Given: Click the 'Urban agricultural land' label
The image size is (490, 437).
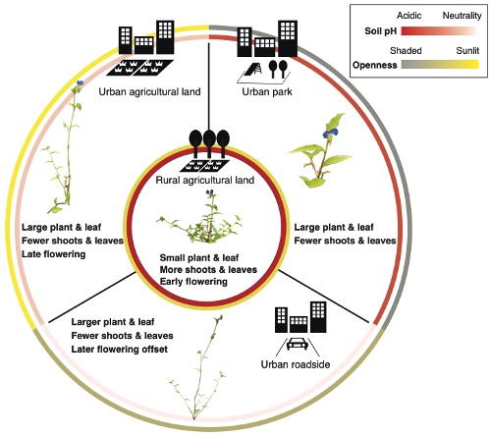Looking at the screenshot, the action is tap(149, 91).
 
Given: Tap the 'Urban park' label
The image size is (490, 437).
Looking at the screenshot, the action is tap(267, 91).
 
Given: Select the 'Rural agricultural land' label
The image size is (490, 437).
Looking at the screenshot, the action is tap(205, 180).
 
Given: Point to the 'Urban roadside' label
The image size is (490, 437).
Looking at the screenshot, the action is tap(296, 364).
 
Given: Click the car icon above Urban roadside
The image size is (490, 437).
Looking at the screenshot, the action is tap(297, 345).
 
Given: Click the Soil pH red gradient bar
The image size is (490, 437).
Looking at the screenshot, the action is tap(440, 31).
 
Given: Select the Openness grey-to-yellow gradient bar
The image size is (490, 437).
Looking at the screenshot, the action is tap(440, 65).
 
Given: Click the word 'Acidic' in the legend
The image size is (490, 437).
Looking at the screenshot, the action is tap(408, 16).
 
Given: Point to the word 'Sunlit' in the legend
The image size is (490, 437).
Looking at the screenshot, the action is tap(467, 51).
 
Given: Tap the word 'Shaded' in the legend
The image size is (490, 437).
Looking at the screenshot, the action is tap(406, 51).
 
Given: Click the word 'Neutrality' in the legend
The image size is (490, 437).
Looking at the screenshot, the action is tap(462, 16).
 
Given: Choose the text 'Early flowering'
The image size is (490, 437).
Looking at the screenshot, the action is tap(193, 282).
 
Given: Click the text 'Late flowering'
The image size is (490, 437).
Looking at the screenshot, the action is tap(53, 254).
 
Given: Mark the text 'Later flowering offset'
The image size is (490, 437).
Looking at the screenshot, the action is tap(119, 350).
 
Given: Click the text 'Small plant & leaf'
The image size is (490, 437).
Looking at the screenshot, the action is tap(199, 258).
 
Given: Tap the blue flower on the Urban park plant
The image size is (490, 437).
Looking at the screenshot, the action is tap(330, 133).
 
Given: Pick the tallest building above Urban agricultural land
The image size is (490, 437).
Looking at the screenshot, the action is tap(165, 37).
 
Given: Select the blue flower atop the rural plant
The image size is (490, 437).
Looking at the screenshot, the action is tap(210, 192).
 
